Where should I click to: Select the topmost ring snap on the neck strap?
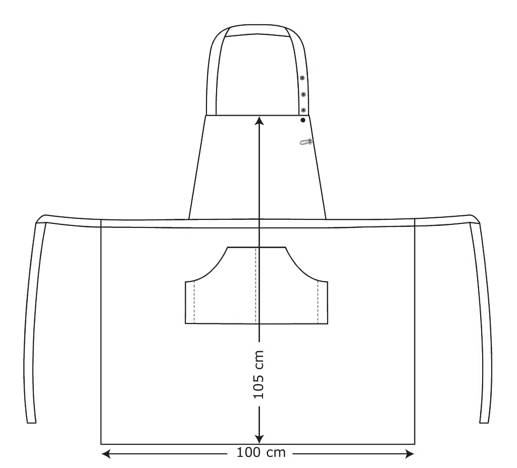click(x=302, y=78)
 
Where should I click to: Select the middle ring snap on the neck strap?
click(x=303, y=94)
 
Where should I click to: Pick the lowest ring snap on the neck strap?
click(x=303, y=110)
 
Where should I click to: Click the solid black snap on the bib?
click(x=303, y=120)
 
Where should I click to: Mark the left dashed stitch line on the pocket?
click(x=194, y=302)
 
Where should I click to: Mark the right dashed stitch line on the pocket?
click(x=318, y=302)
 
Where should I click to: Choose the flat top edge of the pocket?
click(x=257, y=247)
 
